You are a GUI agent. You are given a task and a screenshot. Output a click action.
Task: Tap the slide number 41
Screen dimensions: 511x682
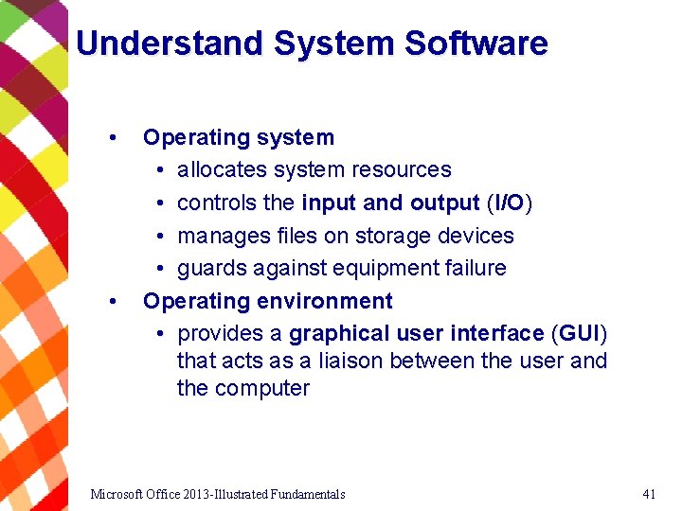coord(649,494)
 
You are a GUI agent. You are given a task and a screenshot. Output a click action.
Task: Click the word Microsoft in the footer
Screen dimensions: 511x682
coord(115,494)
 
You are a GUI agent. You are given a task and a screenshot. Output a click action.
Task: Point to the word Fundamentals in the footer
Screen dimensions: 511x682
coord(307,494)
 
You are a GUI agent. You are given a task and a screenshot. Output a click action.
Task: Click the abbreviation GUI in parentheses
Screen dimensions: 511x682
coord(579,334)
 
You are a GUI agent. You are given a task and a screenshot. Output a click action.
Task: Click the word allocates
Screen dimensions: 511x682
coord(222,170)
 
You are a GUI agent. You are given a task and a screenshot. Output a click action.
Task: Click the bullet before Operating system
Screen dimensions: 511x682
coord(113,138)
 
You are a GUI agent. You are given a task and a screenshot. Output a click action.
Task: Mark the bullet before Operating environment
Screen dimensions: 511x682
coord(113,302)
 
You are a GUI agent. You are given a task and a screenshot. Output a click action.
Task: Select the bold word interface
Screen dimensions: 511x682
coord(496,334)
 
